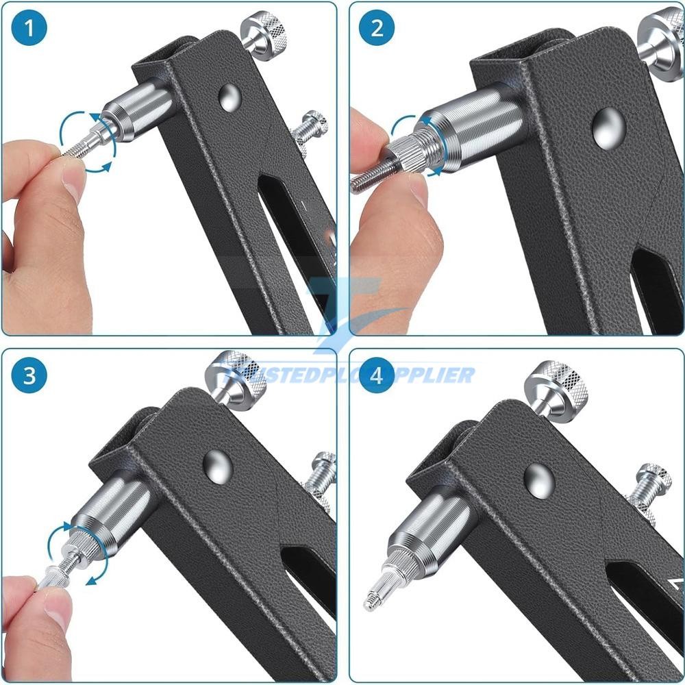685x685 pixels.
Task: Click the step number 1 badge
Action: click(28, 29)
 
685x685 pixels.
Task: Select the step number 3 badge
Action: click(28, 376)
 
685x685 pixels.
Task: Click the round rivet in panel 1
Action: click(229, 97)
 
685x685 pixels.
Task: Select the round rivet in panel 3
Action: click(218, 465)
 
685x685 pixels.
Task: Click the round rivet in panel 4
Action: click(539, 478)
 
